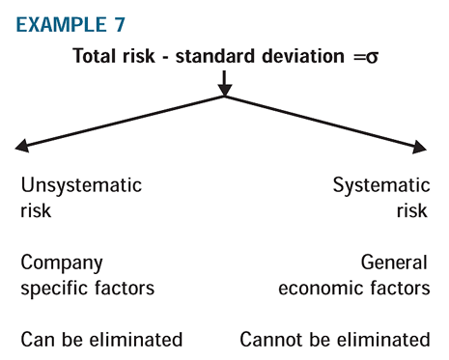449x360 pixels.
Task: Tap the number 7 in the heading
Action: (x=110, y=20)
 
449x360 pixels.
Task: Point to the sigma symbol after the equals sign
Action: (x=368, y=55)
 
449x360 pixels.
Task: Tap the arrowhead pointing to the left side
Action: (x=21, y=148)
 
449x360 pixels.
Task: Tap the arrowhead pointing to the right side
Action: (x=421, y=148)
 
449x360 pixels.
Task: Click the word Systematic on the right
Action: (x=380, y=184)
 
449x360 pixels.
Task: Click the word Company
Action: (x=61, y=263)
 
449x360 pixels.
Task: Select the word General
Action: (x=394, y=263)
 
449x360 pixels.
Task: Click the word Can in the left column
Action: (x=35, y=340)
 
